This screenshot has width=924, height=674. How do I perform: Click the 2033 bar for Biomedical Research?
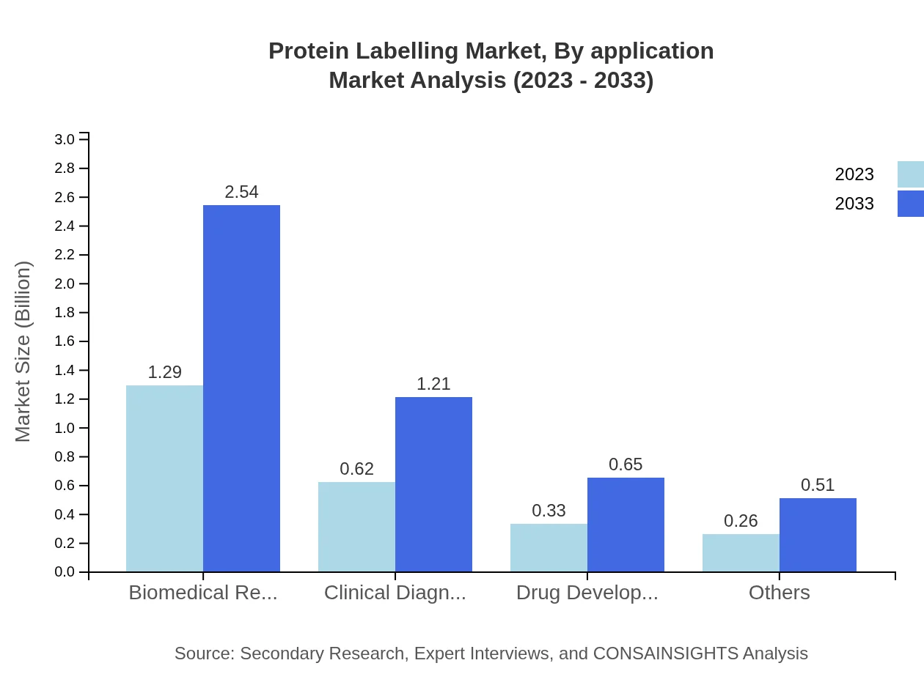click(241, 388)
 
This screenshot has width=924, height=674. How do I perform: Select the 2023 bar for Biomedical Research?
click(164, 478)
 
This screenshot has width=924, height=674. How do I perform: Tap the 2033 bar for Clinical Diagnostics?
click(433, 484)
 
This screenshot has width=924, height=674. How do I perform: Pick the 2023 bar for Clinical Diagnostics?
click(356, 527)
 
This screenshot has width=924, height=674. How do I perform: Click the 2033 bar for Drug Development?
click(626, 525)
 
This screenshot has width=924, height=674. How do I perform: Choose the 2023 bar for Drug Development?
click(549, 547)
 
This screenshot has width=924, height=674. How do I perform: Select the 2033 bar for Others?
click(818, 535)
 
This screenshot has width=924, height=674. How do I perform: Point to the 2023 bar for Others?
click(741, 552)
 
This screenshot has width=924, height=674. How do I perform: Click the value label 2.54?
click(241, 192)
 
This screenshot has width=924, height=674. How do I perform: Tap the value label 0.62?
click(356, 469)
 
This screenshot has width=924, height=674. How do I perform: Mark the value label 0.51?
click(818, 485)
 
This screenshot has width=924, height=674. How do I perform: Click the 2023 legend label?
click(854, 174)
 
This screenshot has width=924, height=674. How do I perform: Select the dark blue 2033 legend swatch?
click(910, 204)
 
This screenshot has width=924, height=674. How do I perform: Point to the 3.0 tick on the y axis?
click(65, 139)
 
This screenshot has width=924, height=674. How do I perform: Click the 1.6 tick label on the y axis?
click(65, 341)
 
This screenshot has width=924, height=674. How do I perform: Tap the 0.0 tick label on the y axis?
click(65, 572)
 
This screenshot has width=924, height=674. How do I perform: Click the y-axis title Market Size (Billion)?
click(23, 352)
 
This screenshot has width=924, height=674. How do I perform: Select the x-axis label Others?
click(779, 593)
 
